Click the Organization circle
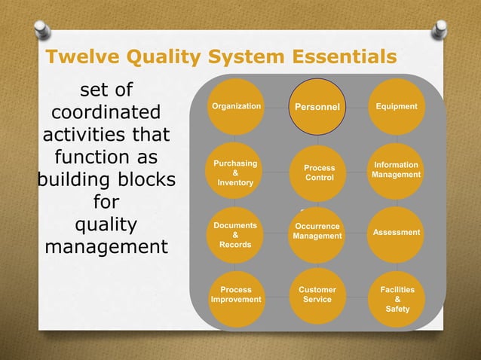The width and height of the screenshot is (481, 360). point(237,107)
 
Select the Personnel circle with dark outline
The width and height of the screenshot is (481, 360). point(317,107)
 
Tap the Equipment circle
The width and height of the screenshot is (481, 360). point(397,107)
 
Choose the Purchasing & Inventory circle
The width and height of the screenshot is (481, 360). point(237,172)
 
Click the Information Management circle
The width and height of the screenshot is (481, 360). point(397,170)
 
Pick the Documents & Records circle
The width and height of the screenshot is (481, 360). point(237,234)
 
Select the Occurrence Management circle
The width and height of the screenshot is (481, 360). point(317,232)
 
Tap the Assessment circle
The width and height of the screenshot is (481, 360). point(397,233)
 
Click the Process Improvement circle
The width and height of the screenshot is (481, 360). point(237,294)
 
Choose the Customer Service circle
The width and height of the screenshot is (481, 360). point(317,294)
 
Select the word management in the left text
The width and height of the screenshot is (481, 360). point(106,246)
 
